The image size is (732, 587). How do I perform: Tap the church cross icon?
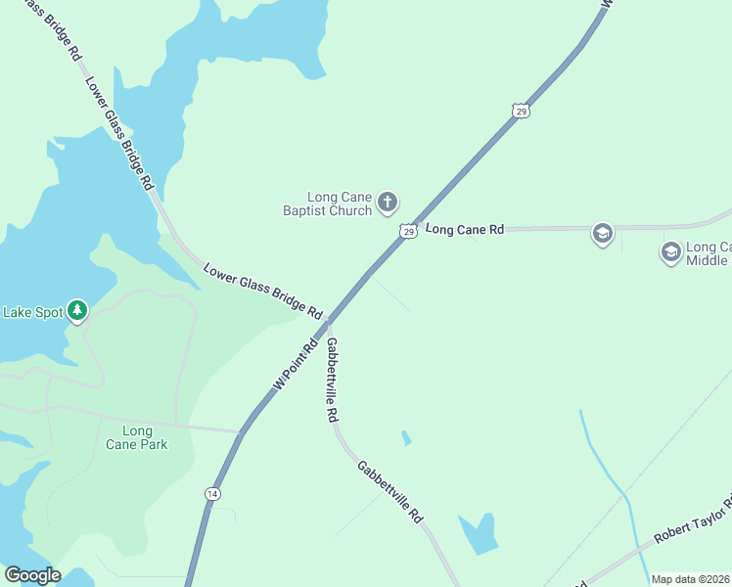point(388,203)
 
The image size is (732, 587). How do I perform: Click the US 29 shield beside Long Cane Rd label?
point(408,231)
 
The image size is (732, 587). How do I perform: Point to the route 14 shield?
point(212,494)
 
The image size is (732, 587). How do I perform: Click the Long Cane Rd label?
point(465,230)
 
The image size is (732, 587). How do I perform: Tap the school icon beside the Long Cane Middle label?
point(670,252)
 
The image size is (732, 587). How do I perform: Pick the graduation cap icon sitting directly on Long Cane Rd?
point(602,233)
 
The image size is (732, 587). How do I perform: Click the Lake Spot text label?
point(32,313)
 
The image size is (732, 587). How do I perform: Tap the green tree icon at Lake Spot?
point(77,312)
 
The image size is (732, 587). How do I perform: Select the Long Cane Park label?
point(137,437)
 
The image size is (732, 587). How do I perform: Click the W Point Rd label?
point(297,364)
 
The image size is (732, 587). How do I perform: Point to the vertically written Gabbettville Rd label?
point(333,380)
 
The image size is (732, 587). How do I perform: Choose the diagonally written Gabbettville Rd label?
point(389,491)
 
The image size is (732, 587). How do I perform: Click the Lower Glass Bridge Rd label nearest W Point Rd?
point(262,292)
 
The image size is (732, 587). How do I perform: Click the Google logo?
point(32,575)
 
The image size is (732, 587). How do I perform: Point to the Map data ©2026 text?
point(691,579)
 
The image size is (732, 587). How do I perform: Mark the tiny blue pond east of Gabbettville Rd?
point(406,438)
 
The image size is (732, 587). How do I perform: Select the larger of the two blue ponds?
point(479,532)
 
